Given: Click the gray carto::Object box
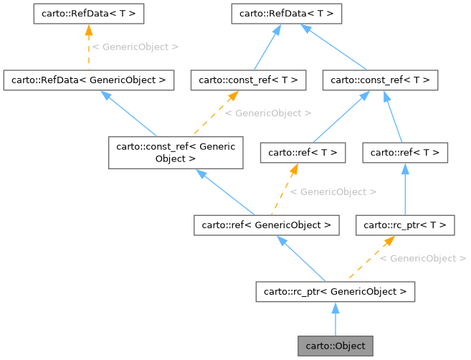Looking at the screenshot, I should click(x=336, y=346).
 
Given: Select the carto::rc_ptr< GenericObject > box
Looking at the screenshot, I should click(x=335, y=291).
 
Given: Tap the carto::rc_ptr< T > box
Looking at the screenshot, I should click(x=406, y=225).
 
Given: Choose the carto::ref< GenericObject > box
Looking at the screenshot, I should click(x=265, y=225).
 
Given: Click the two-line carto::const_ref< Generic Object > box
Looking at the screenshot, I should click(x=176, y=153).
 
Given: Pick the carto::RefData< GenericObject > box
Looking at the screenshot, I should click(x=89, y=80).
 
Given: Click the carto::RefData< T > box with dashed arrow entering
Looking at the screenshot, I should click(x=89, y=13).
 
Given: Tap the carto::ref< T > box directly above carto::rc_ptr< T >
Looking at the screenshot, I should click(x=406, y=152).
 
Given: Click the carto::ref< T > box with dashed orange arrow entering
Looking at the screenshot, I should click(x=303, y=152).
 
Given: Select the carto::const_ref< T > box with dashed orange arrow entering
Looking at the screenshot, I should click(x=248, y=80).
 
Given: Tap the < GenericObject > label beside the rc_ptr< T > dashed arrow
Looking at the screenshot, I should click(x=423, y=258).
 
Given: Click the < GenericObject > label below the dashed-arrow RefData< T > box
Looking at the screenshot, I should click(x=135, y=47).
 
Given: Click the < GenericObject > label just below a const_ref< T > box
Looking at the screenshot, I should click(x=268, y=113).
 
